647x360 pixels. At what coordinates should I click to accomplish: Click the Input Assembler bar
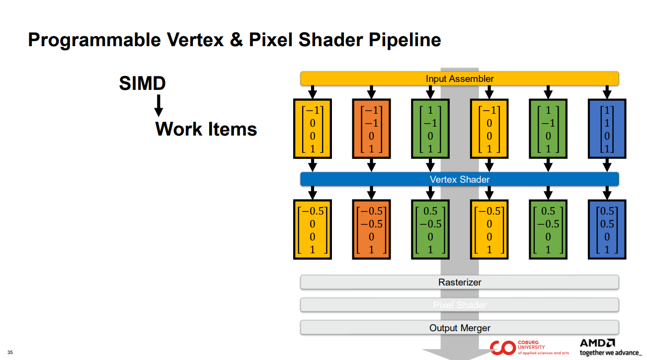tap(459, 78)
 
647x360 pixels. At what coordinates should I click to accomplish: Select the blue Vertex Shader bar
tap(459, 179)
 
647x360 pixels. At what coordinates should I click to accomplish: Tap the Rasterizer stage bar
tap(459, 282)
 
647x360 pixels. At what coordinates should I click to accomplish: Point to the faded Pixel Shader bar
tap(459, 305)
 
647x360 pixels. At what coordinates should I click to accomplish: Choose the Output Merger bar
tap(459, 328)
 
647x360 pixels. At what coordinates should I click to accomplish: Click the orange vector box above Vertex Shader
tap(371, 129)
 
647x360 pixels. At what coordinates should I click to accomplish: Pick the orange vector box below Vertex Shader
tap(371, 229)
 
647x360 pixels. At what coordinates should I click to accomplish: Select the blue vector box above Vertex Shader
tap(607, 129)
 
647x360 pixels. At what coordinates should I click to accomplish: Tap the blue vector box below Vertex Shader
tap(607, 229)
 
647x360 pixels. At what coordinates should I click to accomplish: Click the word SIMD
tap(142, 83)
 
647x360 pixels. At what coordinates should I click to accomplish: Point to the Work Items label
tap(206, 129)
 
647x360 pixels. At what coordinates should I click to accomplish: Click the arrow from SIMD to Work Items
tap(159, 105)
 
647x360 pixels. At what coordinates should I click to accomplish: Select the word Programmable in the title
tap(94, 40)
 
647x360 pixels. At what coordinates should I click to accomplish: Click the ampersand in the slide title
tap(236, 40)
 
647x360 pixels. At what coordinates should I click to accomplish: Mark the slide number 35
tap(10, 353)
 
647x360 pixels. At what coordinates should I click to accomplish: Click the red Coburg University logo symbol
tap(502, 348)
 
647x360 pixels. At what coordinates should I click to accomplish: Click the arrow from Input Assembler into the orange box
tap(371, 92)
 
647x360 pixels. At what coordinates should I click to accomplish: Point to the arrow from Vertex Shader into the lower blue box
tap(607, 193)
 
